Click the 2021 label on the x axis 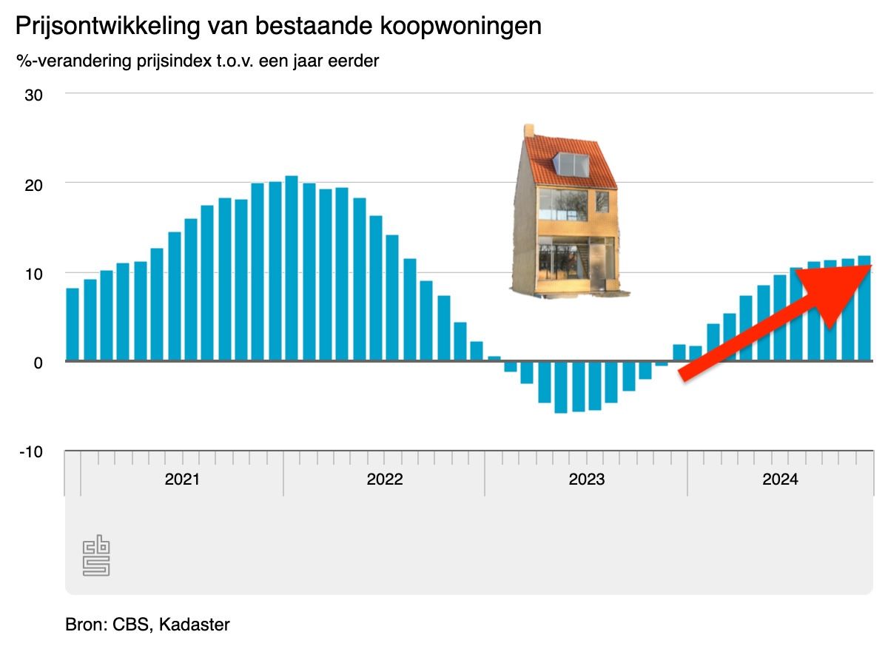pyautogui.click(x=182, y=479)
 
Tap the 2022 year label pyautogui.click(x=385, y=479)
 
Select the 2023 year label pyautogui.click(x=587, y=479)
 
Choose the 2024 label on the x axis pyautogui.click(x=780, y=479)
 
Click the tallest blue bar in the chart pyautogui.click(x=292, y=268)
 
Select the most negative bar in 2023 pyautogui.click(x=561, y=386)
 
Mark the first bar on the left pyautogui.click(x=73, y=324)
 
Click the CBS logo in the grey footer pyautogui.click(x=96, y=557)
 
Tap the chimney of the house pyautogui.click(x=529, y=130)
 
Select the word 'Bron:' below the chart pyautogui.click(x=86, y=625)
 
